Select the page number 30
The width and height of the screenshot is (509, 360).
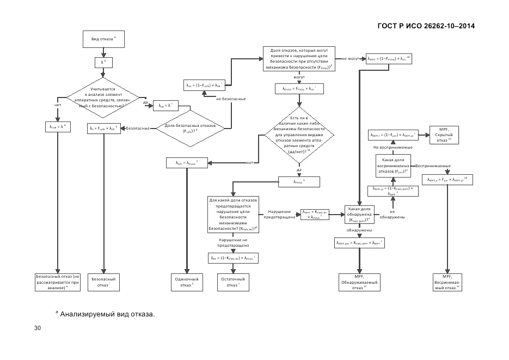[x=38, y=328]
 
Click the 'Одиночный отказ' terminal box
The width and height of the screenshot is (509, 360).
[x=187, y=282]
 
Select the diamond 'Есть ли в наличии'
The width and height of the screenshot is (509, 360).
[x=299, y=136]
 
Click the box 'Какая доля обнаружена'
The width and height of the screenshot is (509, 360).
[x=359, y=214]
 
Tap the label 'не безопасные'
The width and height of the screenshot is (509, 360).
[x=231, y=99]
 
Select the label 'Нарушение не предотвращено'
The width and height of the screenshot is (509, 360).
[x=233, y=243]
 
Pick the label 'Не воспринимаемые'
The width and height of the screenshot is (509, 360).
[x=393, y=147]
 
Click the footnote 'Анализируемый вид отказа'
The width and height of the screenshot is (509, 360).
[x=107, y=314]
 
